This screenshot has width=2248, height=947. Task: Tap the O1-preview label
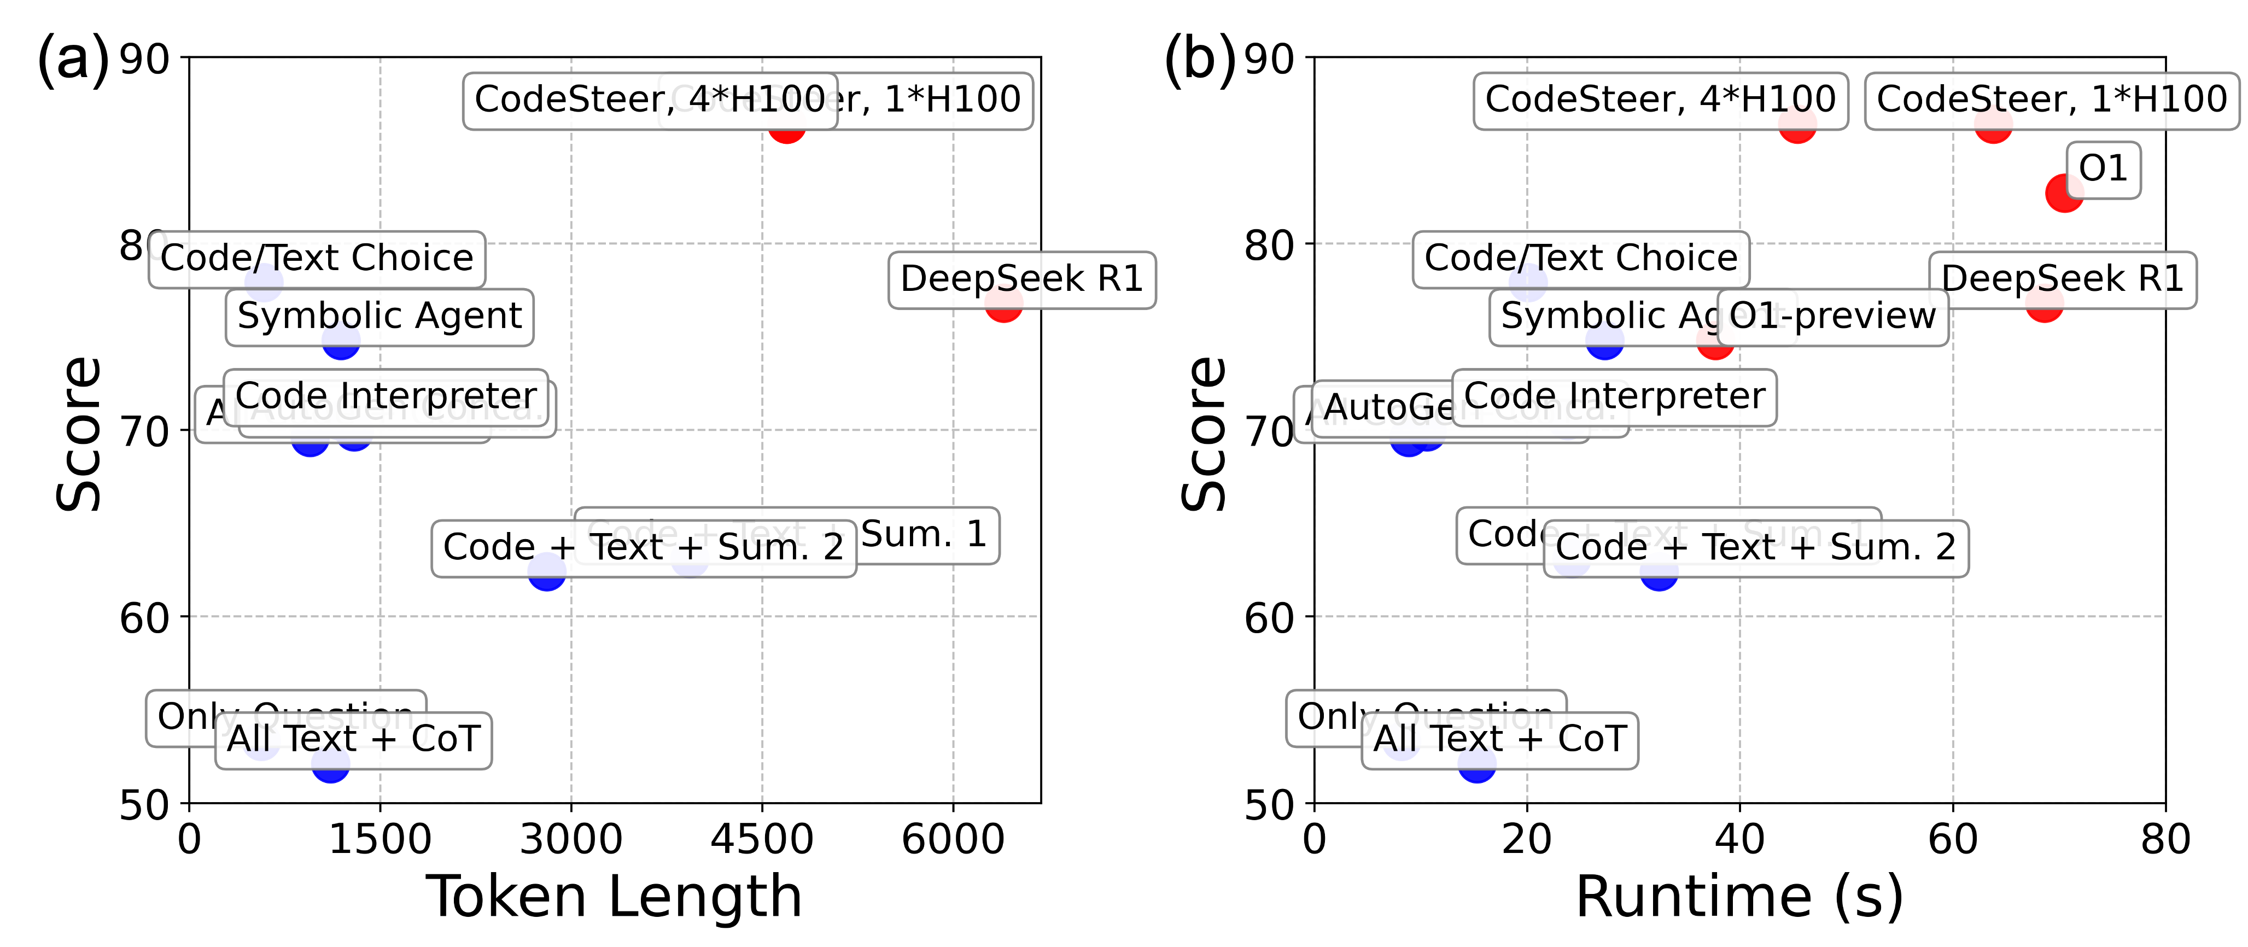coord(1832,317)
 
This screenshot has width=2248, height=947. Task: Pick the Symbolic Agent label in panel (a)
coord(379,317)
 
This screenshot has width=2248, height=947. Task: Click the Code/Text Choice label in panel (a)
coord(317,259)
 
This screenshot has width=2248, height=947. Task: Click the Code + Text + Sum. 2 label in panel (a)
coord(643,548)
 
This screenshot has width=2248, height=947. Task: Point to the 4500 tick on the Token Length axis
coord(762,840)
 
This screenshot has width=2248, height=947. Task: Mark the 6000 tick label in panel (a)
coord(953,840)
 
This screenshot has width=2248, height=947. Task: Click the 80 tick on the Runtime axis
coord(2165,840)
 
